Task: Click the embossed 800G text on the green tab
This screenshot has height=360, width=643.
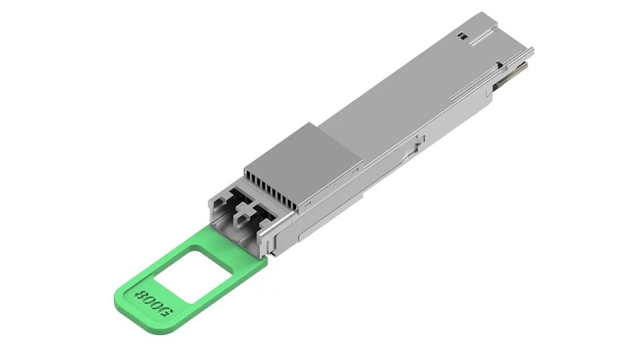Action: point(154,302)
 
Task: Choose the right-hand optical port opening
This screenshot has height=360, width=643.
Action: point(257,215)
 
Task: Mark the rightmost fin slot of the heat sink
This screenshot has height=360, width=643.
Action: point(295,204)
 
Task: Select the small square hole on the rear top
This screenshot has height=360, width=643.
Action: point(460,36)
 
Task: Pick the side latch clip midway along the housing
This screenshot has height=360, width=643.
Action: point(419,140)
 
